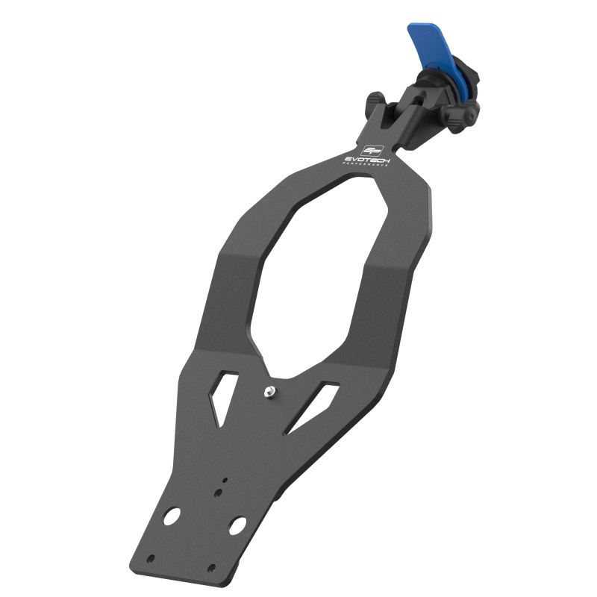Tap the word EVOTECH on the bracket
tap(365, 159)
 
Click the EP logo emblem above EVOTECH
tap(371, 150)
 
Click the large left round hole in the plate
tap(172, 516)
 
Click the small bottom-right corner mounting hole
tap(211, 568)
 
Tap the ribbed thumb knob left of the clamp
tap(375, 101)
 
